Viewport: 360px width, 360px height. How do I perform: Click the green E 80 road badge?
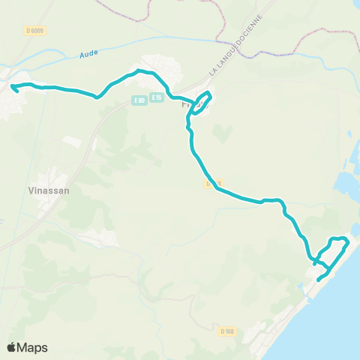pyautogui.click(x=139, y=100)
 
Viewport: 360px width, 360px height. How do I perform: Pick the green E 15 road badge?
pyautogui.click(x=156, y=97)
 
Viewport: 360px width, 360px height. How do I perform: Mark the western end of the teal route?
pyautogui.click(x=14, y=88)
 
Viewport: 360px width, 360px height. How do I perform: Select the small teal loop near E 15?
pyautogui.click(x=201, y=103)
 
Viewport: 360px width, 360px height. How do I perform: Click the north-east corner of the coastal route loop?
pyautogui.click(x=346, y=239)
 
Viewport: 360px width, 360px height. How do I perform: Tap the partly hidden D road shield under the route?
pyautogui.click(x=211, y=182)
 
